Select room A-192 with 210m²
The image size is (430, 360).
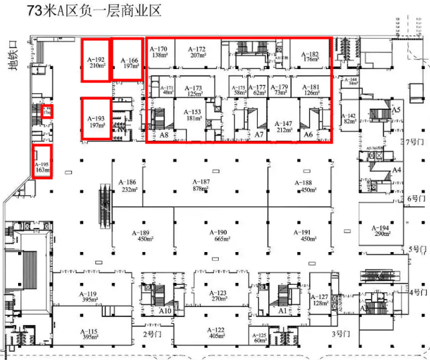pyautogui.click(x=97, y=62)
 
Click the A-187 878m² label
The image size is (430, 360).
pyautogui.click(x=201, y=186)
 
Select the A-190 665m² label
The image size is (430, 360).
pyautogui.click(x=221, y=235)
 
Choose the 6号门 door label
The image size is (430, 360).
pyautogui.click(x=417, y=199)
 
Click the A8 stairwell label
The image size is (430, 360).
pyautogui.click(x=164, y=135)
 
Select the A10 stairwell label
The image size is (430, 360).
pyautogui.click(x=165, y=310)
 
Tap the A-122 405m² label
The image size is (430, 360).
pyautogui.click(x=216, y=333)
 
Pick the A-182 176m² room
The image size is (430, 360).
pyautogui.click(x=310, y=56)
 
